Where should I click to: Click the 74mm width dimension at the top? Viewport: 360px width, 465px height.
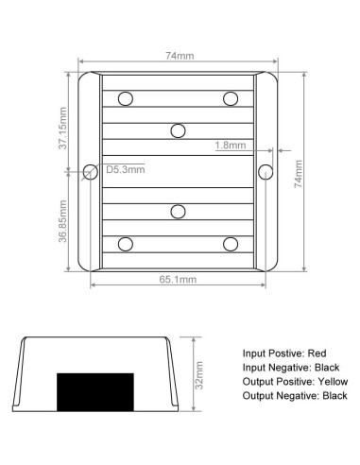[x=180, y=56]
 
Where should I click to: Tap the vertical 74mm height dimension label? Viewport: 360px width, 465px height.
[x=299, y=174]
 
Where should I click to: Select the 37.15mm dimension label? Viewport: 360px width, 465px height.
[x=63, y=129]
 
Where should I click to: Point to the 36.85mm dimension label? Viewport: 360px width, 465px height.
[x=63, y=221]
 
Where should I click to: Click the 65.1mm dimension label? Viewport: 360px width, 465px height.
[x=178, y=280]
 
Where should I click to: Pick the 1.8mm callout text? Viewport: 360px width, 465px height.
[x=231, y=146]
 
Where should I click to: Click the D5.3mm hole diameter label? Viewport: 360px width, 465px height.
[x=126, y=169]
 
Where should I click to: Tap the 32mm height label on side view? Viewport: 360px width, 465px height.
[x=198, y=375]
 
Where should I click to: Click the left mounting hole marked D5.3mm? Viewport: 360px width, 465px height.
[x=91, y=172]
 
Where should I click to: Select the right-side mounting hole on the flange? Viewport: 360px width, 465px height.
[x=266, y=172]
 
